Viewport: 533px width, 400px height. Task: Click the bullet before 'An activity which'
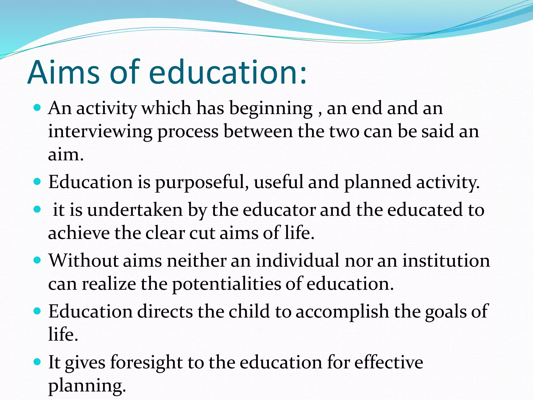pyautogui.click(x=37, y=107)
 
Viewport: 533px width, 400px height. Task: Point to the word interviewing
pyautogui.click(x=100, y=132)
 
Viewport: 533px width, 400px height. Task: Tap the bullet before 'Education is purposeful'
pyautogui.click(x=37, y=181)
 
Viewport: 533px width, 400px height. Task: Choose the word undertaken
pyautogui.click(x=135, y=210)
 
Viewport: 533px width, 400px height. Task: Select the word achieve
pyautogui.click(x=79, y=233)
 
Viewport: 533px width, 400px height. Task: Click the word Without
pyautogui.click(x=84, y=260)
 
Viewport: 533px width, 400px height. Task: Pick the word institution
pyautogui.click(x=446, y=260)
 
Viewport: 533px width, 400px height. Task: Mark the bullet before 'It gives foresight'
pyautogui.click(x=37, y=362)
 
